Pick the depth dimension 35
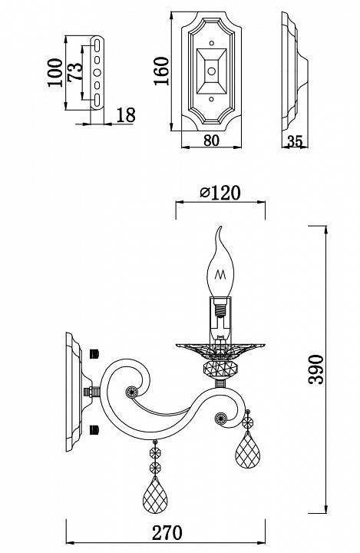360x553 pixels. click(x=294, y=141)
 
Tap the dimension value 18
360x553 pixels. click(x=125, y=115)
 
